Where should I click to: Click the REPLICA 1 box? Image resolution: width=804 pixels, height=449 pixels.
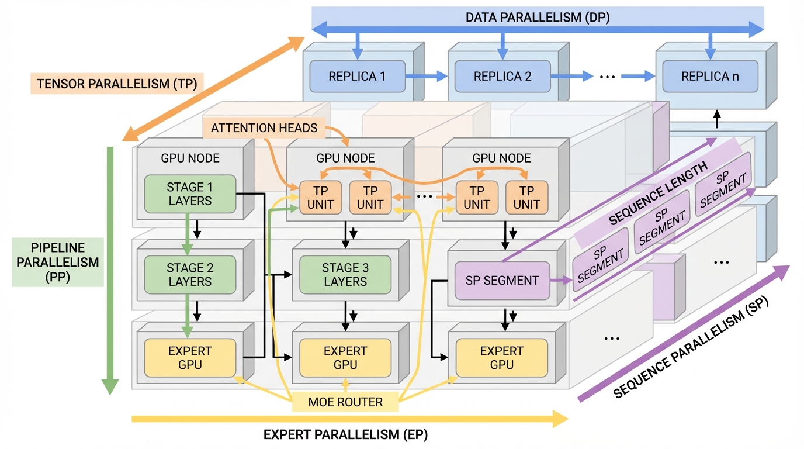[358, 76]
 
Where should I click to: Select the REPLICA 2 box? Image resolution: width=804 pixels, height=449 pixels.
[503, 76]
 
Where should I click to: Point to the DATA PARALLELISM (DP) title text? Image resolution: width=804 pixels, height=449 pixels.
[537, 18]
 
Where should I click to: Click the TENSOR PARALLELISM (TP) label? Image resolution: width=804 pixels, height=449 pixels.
[116, 84]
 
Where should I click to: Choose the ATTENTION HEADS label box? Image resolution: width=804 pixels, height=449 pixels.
[264, 127]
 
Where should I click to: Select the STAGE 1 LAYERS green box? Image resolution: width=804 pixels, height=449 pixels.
[190, 194]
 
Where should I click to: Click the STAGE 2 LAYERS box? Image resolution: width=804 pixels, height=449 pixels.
[190, 275]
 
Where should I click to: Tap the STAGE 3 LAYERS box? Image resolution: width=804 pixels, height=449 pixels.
[345, 275]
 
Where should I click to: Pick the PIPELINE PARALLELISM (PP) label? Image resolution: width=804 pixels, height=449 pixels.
[57, 262]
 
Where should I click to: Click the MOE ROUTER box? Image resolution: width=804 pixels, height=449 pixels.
[345, 402]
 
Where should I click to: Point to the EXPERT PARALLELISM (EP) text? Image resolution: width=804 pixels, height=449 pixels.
[349, 434]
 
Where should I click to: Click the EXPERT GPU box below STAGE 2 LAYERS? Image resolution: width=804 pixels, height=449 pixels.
[190, 358]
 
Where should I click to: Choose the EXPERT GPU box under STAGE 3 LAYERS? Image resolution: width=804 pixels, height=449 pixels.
[345, 358]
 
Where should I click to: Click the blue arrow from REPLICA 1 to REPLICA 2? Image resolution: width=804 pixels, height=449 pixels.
[426, 76]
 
